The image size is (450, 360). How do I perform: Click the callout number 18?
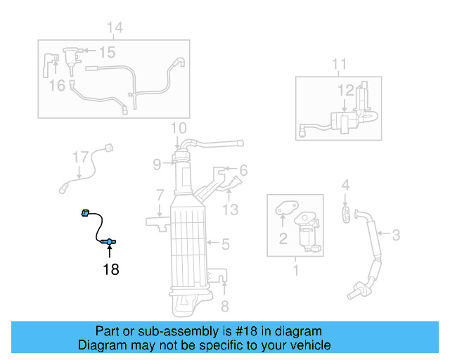[111, 269]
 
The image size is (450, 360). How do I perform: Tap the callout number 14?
[115, 27]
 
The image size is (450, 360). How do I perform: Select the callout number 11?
[339, 65]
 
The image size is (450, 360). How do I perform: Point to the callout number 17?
[81, 157]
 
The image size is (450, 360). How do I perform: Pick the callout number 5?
[224, 245]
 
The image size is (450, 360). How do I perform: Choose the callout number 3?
[396, 234]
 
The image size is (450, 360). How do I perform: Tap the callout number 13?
[231, 209]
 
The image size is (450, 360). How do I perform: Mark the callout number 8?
[224, 306]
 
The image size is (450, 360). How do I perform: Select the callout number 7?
[160, 194]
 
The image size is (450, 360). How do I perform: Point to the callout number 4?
[345, 186]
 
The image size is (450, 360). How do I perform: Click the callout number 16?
[57, 85]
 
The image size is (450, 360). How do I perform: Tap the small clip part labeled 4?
[346, 214]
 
